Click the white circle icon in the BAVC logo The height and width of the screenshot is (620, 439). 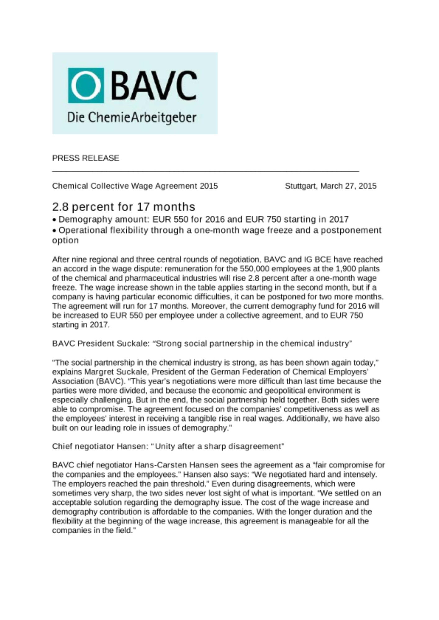coord(86,85)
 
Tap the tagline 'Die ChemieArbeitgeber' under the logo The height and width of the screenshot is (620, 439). coord(132,118)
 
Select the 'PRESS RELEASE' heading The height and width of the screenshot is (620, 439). coord(86,158)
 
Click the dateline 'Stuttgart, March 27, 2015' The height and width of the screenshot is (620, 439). coord(331,186)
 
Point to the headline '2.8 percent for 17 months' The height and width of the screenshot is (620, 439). coord(124,207)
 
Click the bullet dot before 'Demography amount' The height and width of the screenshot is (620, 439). coord(55,220)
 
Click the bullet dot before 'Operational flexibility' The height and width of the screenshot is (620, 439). coord(55,231)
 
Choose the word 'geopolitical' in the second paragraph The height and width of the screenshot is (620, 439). coord(294,390)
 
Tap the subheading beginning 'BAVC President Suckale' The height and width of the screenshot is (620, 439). coord(202,343)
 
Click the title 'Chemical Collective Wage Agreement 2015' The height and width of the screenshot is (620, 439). coord(135,186)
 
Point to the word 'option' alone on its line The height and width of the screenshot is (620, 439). coord(65,241)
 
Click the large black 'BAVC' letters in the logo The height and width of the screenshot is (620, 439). coord(154,85)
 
